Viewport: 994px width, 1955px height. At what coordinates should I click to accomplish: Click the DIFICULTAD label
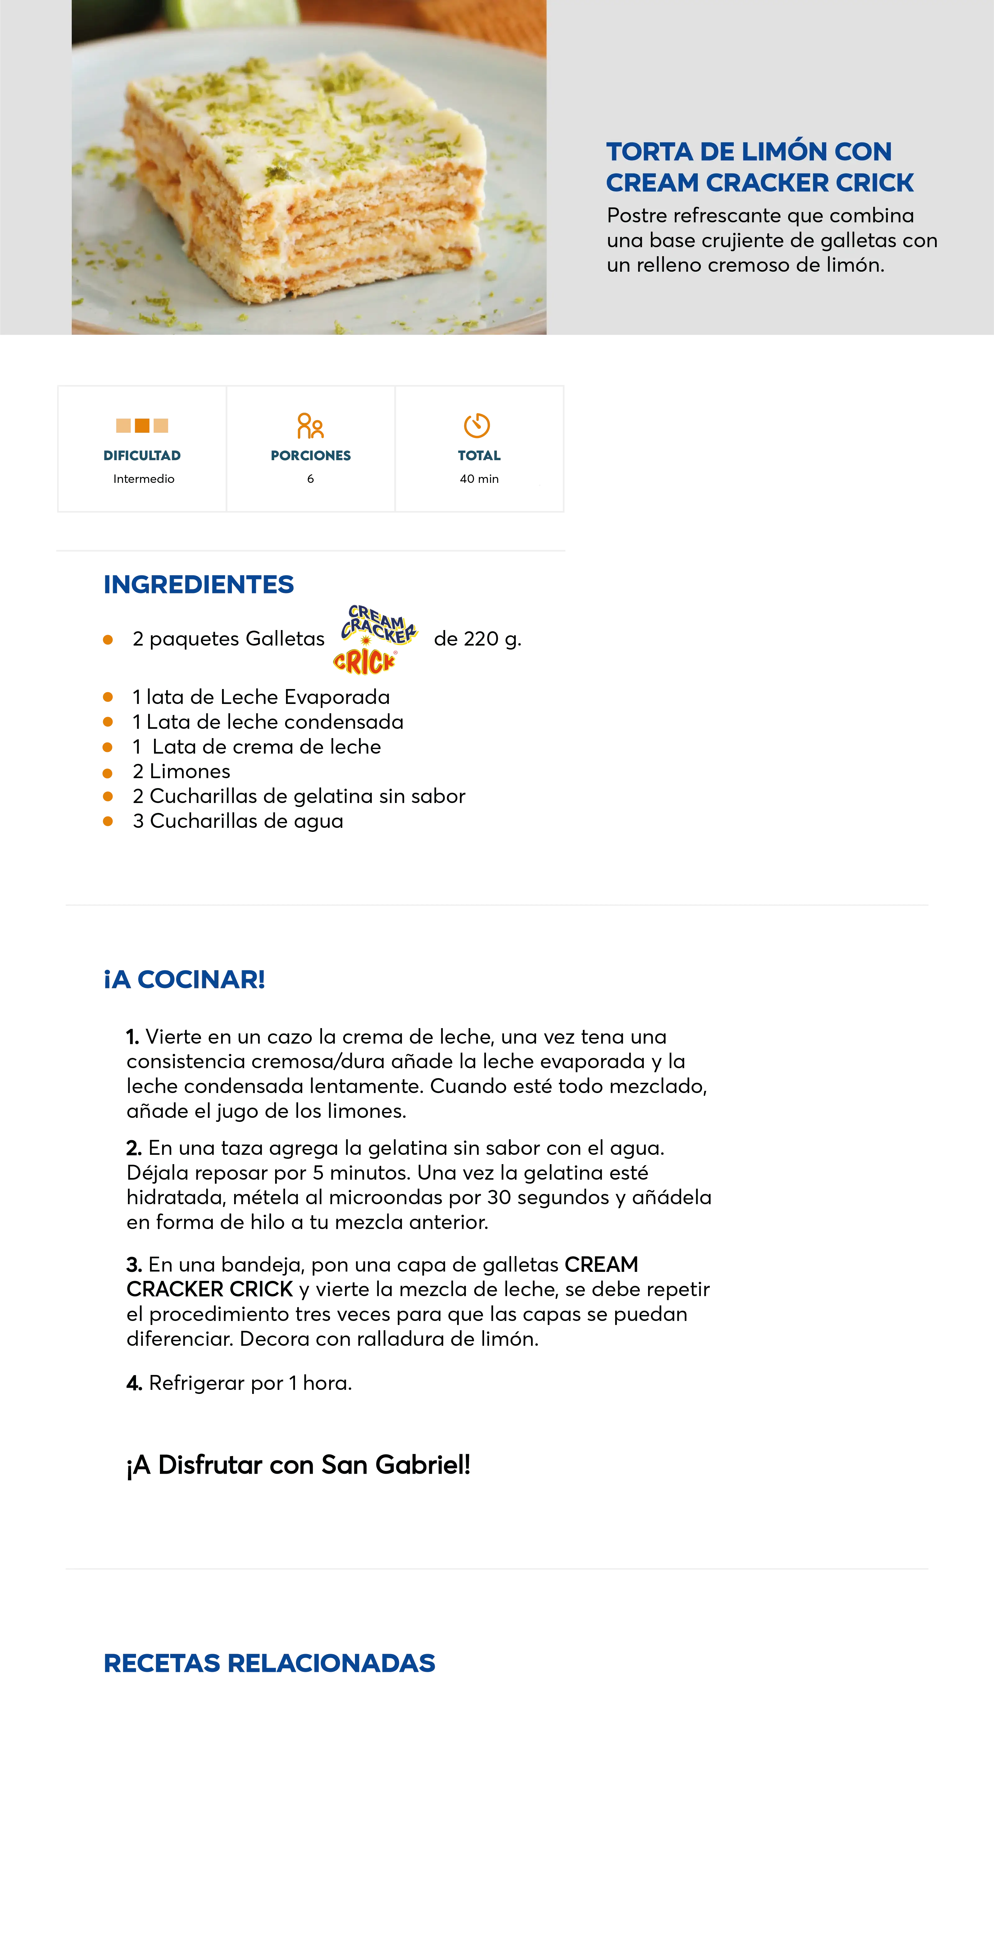[141, 455]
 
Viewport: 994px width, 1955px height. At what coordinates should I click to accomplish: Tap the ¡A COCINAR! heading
[184, 979]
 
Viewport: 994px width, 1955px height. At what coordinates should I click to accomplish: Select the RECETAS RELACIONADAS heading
[269, 1663]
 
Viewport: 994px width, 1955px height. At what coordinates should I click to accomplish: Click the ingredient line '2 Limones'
[181, 772]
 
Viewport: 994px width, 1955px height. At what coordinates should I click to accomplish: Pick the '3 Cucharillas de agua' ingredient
[237, 821]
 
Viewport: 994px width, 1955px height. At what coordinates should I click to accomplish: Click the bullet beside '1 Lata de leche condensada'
[108, 722]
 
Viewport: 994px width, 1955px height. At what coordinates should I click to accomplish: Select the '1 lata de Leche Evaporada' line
[260, 697]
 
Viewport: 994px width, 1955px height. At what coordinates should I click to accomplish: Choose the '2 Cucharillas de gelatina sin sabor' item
[298, 796]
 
